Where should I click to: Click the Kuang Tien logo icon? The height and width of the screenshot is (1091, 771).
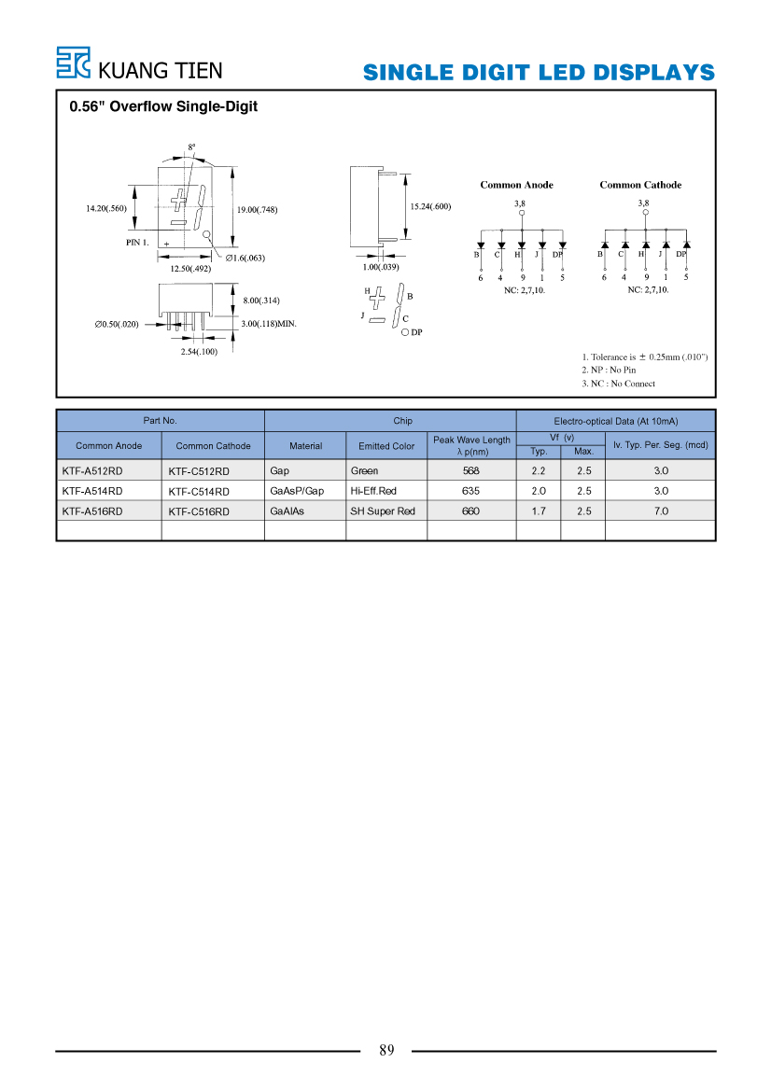pos(73,63)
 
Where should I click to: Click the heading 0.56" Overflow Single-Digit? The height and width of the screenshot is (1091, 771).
pos(163,106)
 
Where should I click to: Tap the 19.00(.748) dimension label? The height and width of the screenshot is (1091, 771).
pos(257,209)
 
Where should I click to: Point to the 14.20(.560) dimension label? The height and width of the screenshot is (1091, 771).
pos(106,208)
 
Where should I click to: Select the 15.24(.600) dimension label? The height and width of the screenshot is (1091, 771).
pos(430,206)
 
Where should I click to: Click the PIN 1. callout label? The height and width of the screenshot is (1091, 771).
pos(137,242)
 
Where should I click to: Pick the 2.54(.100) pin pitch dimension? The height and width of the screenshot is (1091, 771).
pos(199,351)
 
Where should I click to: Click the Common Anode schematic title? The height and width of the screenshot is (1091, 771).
pos(516,185)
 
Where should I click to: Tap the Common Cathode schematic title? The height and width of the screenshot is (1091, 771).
pos(640,185)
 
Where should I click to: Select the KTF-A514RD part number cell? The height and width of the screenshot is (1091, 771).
pos(91,491)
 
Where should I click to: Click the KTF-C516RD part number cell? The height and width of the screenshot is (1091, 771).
pos(198,511)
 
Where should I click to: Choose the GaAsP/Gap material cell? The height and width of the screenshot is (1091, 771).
pos(297,491)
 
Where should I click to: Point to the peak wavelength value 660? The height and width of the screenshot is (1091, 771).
pos(470,511)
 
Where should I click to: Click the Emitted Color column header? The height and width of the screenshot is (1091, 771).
pos(386,446)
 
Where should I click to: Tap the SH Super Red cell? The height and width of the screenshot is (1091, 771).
pos(382,511)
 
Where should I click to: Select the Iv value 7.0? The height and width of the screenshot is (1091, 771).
pos(660,511)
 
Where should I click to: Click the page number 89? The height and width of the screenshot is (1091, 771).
pos(386,1050)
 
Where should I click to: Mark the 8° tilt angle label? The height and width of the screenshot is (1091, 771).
pos(191,147)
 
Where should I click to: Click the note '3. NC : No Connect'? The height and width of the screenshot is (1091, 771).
pos(619,384)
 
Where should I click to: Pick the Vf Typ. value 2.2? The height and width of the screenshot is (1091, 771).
pos(538,471)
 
